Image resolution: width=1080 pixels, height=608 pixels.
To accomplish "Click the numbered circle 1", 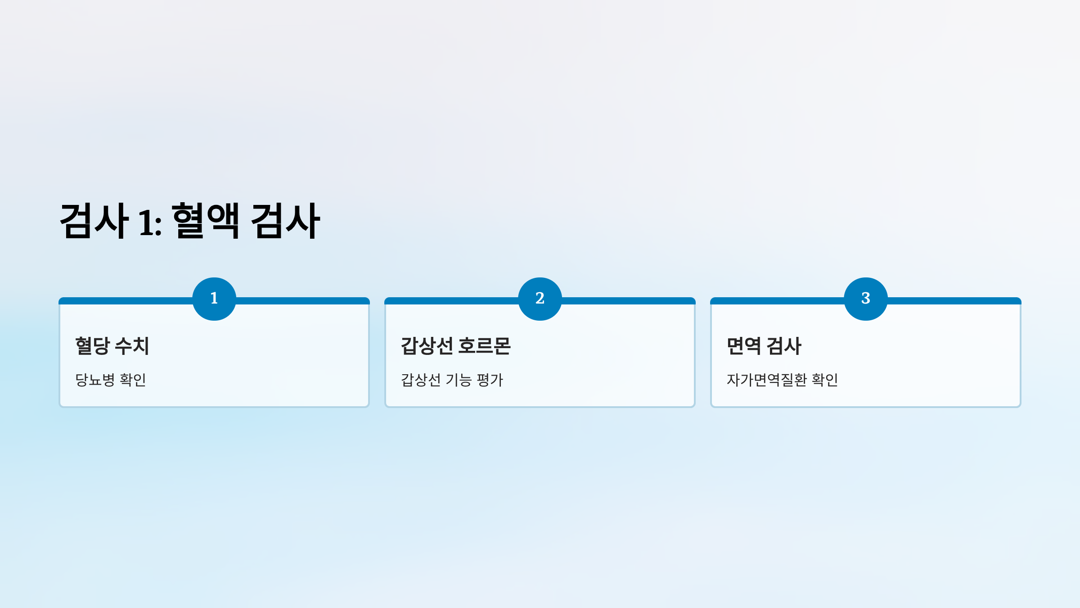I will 214,299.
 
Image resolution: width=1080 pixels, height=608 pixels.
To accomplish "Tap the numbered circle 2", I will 540,299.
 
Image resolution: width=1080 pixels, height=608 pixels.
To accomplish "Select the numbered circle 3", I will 866,299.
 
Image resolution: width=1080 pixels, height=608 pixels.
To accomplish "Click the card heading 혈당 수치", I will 112,346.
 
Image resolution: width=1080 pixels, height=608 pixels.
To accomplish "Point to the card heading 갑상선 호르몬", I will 456,346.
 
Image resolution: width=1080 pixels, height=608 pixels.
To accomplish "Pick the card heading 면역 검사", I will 764,346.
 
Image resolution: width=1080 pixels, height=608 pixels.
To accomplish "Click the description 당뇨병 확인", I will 111,380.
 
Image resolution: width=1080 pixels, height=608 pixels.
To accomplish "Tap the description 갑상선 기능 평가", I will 452,380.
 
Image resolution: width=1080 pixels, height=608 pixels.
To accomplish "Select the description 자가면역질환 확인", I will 782,380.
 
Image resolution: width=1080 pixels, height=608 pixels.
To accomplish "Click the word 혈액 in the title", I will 206,221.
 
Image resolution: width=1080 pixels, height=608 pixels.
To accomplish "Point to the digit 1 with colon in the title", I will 150,222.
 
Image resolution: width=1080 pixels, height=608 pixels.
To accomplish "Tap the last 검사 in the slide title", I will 285,221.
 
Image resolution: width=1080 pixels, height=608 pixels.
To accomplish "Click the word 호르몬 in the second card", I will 485,346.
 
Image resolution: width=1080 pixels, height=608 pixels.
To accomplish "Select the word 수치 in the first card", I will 132,346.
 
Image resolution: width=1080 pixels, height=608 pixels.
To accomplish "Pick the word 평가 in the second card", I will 490,380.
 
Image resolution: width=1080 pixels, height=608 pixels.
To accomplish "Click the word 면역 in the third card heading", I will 744,346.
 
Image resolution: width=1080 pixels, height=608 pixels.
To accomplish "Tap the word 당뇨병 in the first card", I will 95,380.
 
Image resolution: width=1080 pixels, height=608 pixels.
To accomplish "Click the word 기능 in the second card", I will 459,380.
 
